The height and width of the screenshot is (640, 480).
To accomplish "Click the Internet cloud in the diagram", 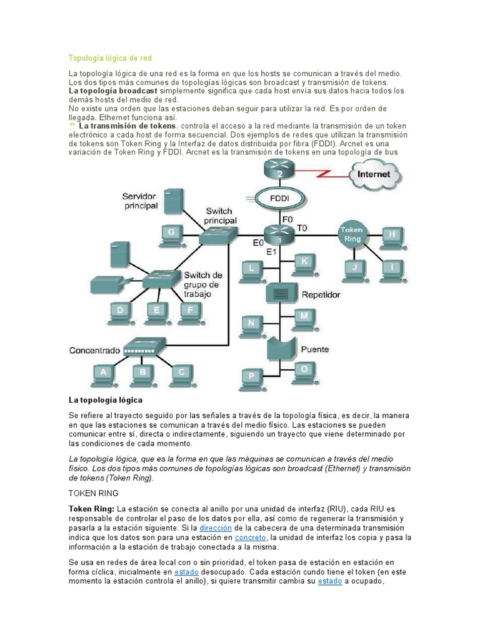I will click(373, 174).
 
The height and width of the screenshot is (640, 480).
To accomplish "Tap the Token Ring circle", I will click(351, 234).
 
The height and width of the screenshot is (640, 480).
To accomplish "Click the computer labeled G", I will click(171, 234).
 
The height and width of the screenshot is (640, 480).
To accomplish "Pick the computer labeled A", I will click(104, 374).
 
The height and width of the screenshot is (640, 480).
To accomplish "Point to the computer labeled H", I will click(392, 236).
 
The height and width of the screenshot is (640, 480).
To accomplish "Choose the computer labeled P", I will click(252, 377).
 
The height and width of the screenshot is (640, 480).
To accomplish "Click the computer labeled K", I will click(304, 261).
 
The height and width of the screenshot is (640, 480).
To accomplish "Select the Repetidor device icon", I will click(280, 292).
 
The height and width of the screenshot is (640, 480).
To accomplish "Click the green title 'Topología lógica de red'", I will click(110, 58).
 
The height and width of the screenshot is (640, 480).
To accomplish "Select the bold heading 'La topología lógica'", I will click(105, 399).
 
